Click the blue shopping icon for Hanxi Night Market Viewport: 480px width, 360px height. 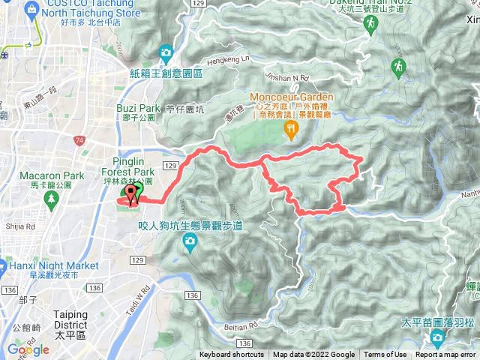[2, 266]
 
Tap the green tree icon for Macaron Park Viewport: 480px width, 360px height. [52, 199]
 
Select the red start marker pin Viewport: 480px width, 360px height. [133, 195]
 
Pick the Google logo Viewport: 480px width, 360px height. [28, 349]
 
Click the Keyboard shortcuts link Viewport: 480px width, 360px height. [232, 355]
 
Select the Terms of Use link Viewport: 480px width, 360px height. [385, 355]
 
